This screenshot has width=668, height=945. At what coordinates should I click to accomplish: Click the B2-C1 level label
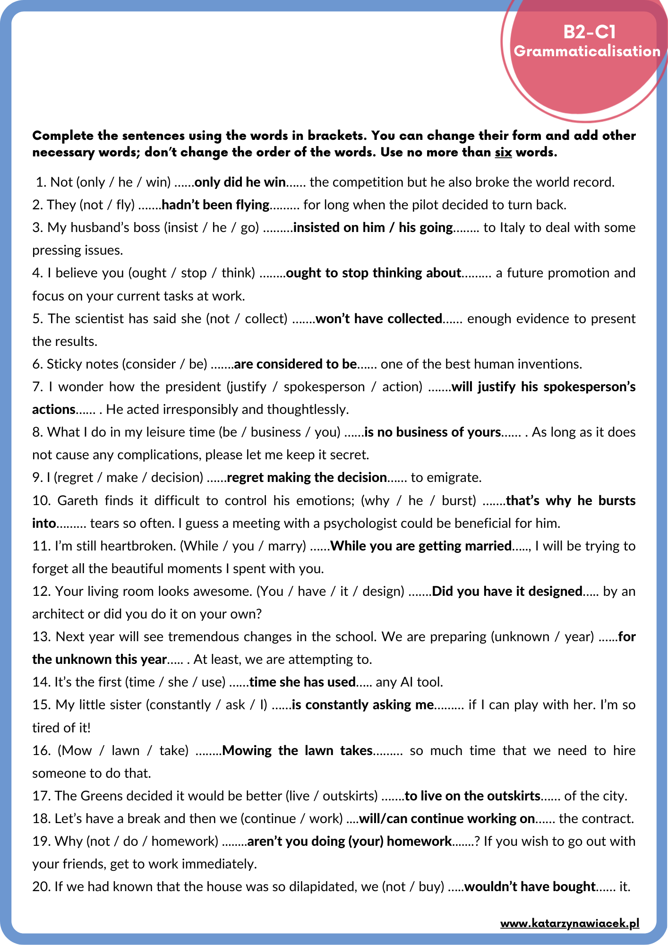(590, 32)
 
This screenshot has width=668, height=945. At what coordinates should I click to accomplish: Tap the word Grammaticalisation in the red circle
(587, 51)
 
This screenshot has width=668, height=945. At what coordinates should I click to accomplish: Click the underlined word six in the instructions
(503, 153)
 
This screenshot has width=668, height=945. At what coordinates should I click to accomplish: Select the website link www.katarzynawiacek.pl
(570, 923)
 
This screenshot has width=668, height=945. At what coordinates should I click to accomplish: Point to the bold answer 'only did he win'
(240, 182)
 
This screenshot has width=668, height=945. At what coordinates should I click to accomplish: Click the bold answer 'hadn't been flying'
(215, 205)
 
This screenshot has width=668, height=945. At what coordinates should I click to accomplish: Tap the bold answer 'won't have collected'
(379, 319)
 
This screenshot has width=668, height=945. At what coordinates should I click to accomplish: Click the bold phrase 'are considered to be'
(295, 364)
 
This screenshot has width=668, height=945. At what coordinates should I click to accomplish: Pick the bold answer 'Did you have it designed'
(507, 592)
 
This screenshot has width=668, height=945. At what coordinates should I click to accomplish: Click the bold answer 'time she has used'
(302, 682)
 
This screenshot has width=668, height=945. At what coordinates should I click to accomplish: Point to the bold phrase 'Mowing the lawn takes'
(297, 751)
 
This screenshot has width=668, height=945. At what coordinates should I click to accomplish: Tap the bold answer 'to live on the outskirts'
(472, 796)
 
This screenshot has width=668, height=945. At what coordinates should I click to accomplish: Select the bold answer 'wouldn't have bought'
(530, 887)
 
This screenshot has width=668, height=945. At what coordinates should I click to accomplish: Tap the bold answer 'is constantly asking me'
(363, 705)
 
